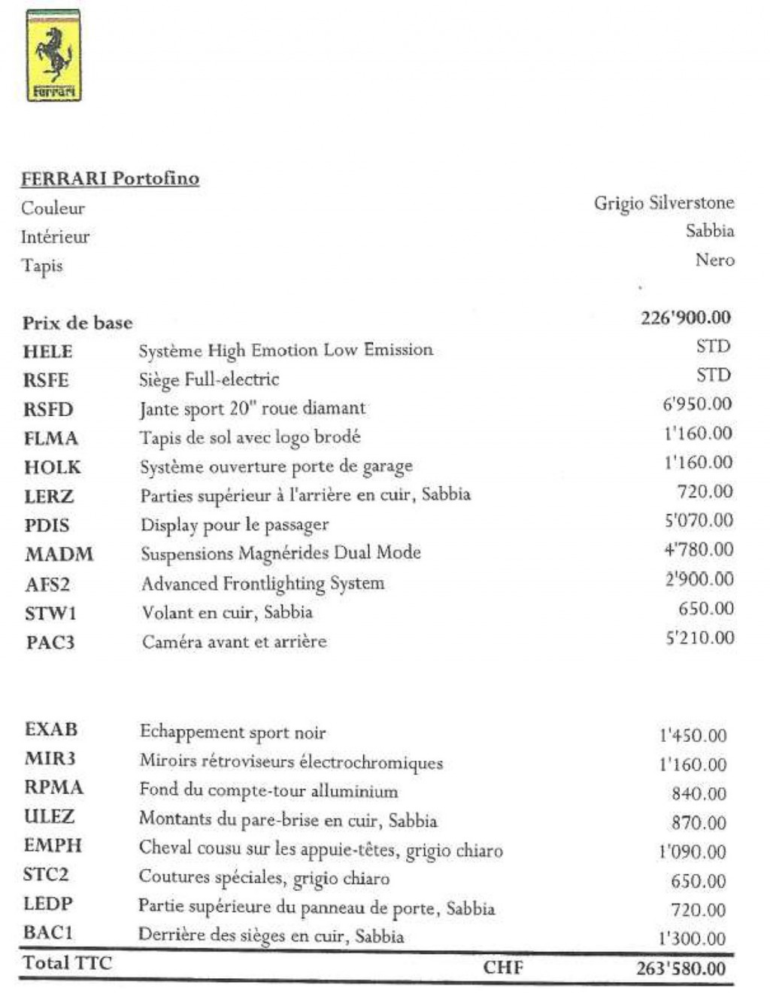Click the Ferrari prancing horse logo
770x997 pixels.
pyautogui.click(x=53, y=56)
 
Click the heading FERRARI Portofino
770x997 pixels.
pyautogui.click(x=110, y=178)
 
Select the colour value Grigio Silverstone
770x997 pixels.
pyautogui.click(x=663, y=203)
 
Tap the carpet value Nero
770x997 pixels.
pyautogui.click(x=714, y=260)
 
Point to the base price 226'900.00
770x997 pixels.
pyautogui.click(x=685, y=318)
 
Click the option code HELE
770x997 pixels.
pyautogui.click(x=48, y=351)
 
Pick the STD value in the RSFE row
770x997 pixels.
pyautogui.click(x=713, y=375)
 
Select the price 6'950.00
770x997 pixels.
pyautogui.click(x=696, y=404)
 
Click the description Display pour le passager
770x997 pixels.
pyautogui.click(x=235, y=524)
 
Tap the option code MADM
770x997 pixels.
pyautogui.click(x=59, y=555)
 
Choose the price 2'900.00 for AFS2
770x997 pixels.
pyautogui.click(x=699, y=579)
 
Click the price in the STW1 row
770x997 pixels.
pyautogui.click(x=705, y=609)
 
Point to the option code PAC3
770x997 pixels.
pyautogui.click(x=50, y=643)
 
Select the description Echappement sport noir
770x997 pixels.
pyautogui.click(x=232, y=732)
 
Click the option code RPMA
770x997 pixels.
pyautogui.click(x=53, y=788)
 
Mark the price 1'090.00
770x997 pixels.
pyautogui.click(x=692, y=853)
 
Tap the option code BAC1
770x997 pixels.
pyautogui.click(x=50, y=933)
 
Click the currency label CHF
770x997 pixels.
pyautogui.click(x=503, y=967)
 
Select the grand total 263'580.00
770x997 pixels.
pyautogui.click(x=681, y=968)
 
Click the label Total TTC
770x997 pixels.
pyautogui.click(x=67, y=963)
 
